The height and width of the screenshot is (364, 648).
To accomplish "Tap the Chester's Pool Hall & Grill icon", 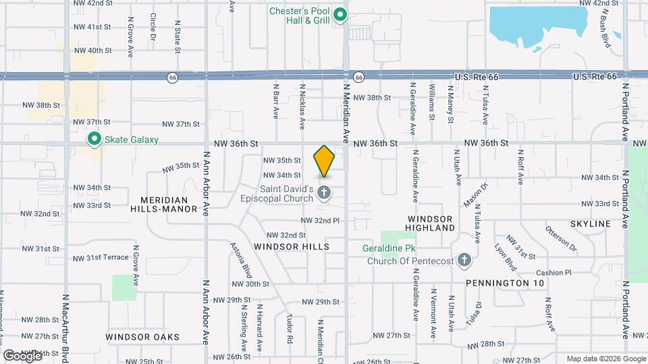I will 341,14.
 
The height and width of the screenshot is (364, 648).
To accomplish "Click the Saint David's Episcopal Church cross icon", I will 324,194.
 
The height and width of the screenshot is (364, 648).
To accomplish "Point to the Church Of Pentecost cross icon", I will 464,260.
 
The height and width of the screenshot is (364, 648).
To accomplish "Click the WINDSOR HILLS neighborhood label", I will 292,247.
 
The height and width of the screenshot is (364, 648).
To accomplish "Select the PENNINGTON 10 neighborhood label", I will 505,283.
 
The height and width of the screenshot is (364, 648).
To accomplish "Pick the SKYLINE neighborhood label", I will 590,223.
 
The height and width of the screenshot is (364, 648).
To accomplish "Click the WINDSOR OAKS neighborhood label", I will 142,336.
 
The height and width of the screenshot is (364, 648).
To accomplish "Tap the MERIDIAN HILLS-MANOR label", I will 169,204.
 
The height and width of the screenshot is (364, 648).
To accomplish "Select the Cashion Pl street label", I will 554,273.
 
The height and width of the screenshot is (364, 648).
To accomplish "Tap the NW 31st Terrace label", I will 99,257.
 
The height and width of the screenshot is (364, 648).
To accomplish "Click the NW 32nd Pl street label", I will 320,220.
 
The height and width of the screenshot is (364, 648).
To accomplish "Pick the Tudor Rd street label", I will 289,324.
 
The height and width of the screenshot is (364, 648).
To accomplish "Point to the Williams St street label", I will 431,101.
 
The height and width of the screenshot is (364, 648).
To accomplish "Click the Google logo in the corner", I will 23,355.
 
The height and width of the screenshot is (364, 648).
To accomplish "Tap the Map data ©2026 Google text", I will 605,359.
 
